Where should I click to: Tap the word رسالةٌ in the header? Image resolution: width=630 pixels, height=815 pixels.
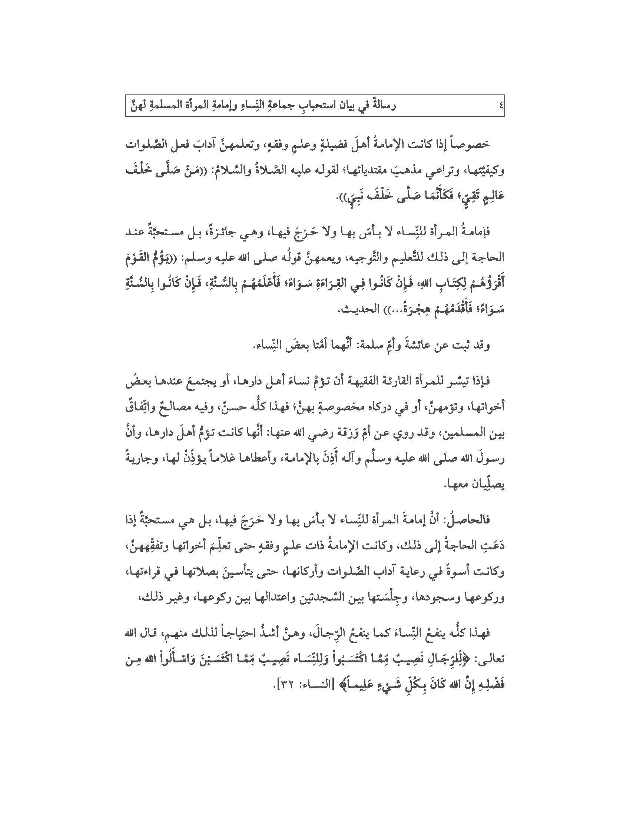(x=380, y=106)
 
